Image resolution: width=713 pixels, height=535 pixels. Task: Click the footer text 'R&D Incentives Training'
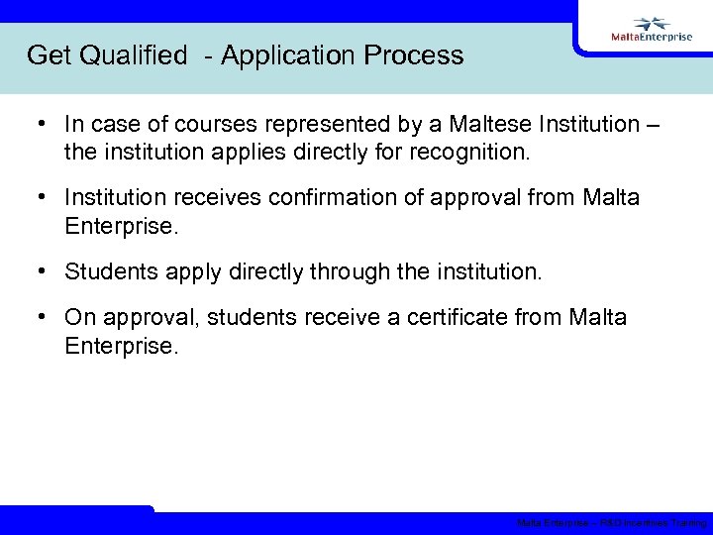[x=655, y=523]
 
